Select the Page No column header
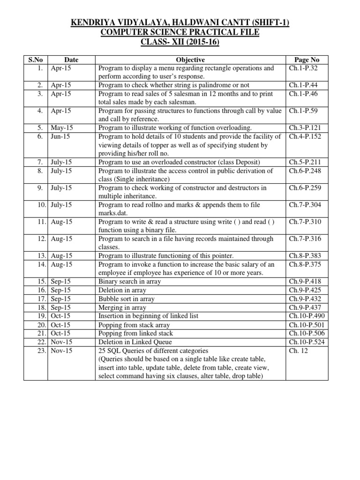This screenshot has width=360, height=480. [307, 60]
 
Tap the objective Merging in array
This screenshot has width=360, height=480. [122, 307]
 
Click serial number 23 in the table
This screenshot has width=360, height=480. [39, 351]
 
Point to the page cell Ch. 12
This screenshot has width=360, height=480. [299, 351]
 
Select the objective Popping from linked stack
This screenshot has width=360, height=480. [135, 333]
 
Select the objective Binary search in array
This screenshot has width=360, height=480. [129, 282]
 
